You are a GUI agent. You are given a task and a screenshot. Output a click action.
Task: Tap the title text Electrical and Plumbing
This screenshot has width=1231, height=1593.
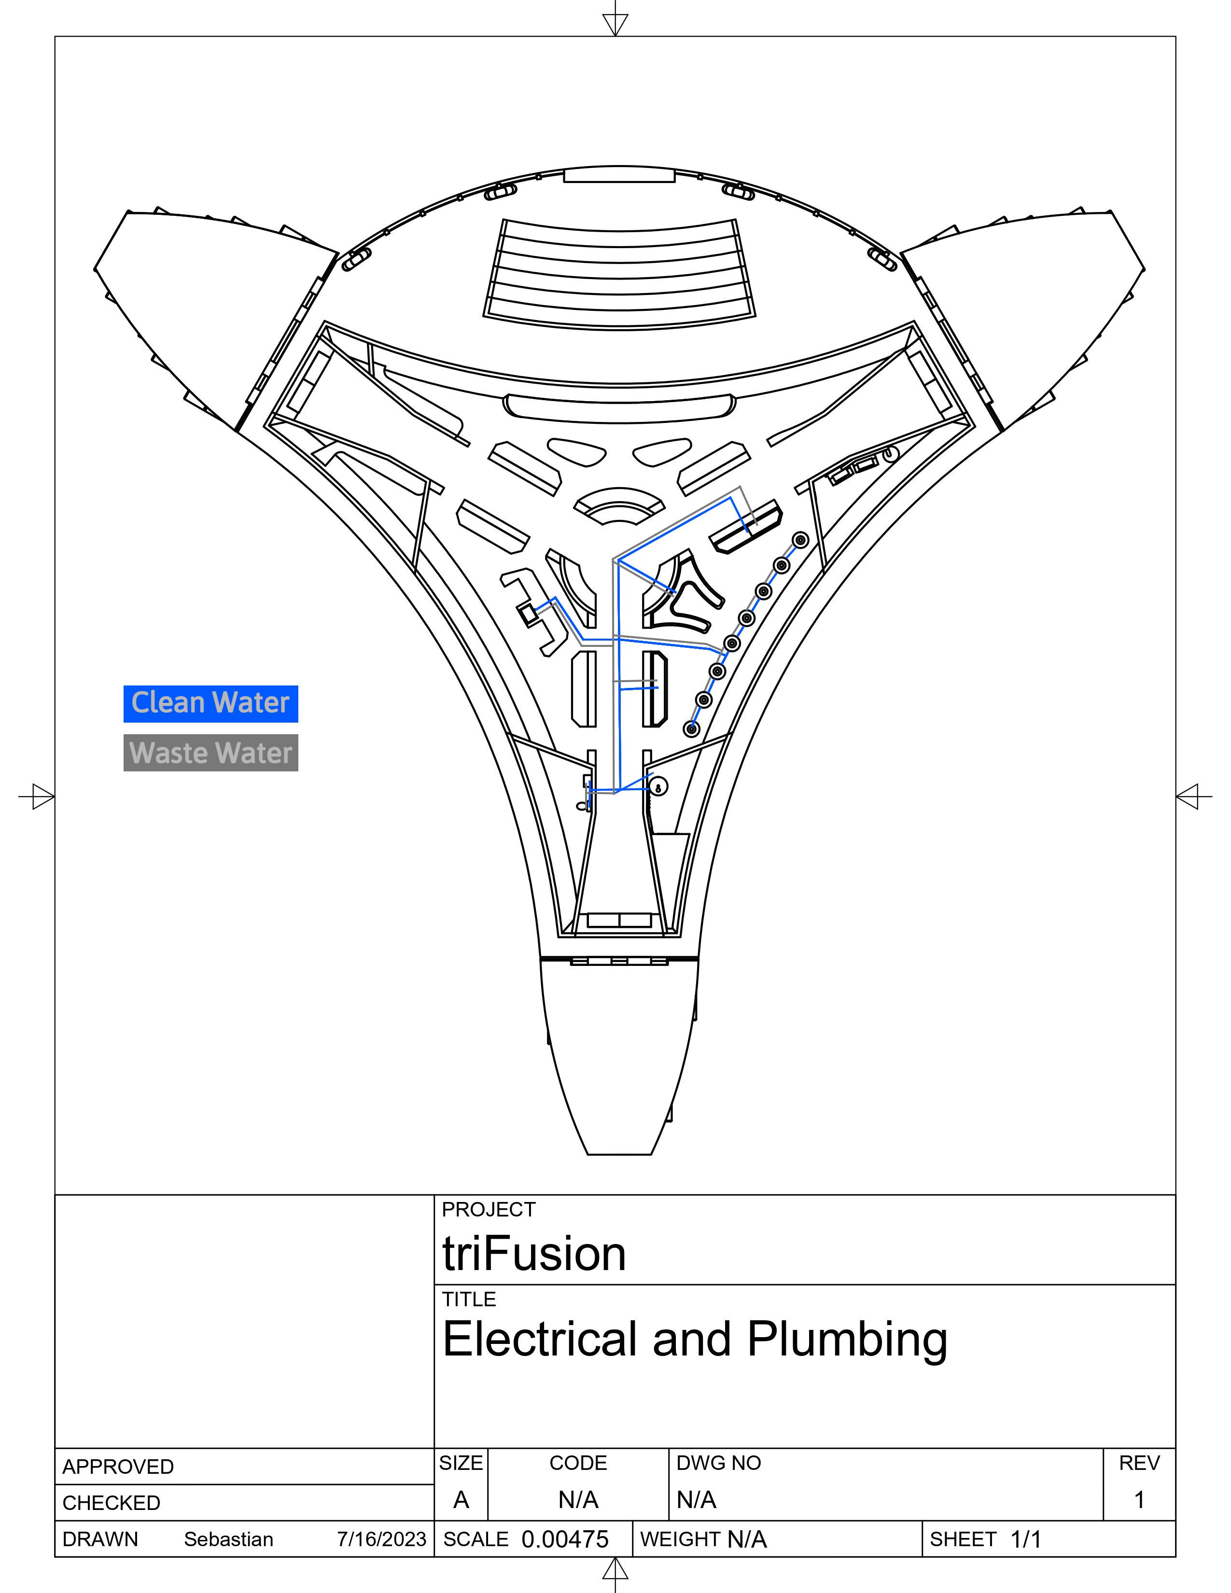[x=694, y=1339]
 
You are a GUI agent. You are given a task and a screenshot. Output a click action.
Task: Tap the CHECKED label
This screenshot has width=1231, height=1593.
[x=111, y=1503]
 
